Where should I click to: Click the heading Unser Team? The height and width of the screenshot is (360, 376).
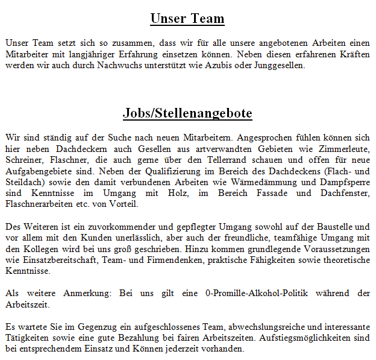pos(187,19)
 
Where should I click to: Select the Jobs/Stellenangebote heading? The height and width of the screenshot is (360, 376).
pos(187,113)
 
